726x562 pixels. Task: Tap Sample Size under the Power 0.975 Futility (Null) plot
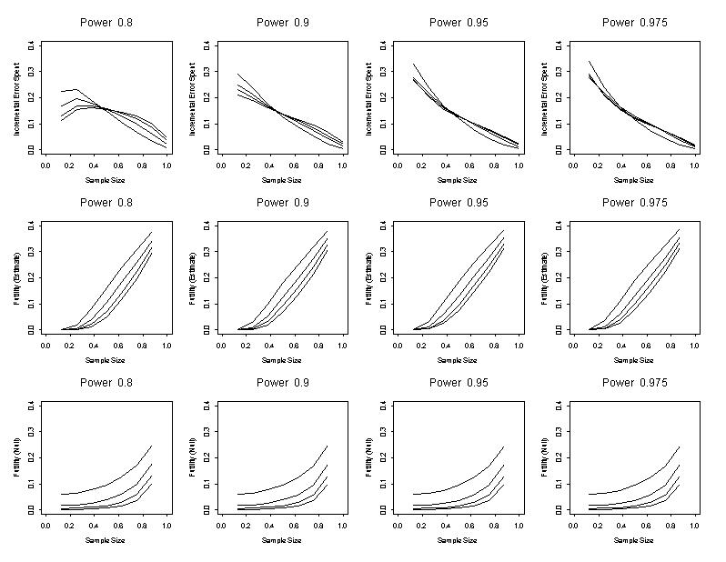pyautogui.click(x=633, y=540)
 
